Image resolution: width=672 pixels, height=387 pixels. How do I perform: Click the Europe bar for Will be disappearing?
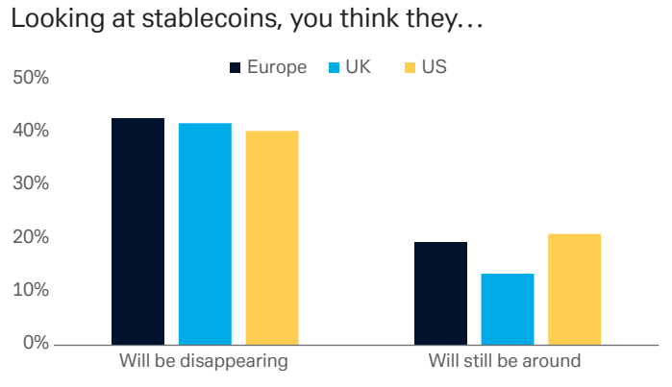[137, 230]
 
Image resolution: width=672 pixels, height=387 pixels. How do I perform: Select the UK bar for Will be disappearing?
[205, 233]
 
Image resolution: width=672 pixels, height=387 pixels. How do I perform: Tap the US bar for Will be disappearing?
[272, 237]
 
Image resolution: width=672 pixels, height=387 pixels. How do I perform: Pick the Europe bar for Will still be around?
[440, 293]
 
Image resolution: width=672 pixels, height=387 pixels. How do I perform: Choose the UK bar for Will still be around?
[508, 308]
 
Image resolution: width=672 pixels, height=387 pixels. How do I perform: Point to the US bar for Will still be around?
[575, 288]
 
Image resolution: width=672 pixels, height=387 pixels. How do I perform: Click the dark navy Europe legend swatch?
[235, 67]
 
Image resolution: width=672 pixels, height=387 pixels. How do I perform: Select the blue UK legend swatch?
[334, 67]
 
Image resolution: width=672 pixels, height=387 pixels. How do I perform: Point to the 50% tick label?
[32, 77]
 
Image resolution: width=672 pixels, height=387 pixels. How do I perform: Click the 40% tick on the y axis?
[32, 131]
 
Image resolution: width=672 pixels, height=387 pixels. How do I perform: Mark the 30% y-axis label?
[32, 183]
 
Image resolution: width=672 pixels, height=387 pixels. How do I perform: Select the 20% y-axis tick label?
[32, 237]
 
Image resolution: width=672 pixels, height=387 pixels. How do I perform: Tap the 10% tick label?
[32, 290]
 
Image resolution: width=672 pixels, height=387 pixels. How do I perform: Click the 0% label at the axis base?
[37, 343]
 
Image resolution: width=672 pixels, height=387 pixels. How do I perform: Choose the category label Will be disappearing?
[204, 362]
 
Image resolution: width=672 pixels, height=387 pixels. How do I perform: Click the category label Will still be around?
[506, 362]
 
